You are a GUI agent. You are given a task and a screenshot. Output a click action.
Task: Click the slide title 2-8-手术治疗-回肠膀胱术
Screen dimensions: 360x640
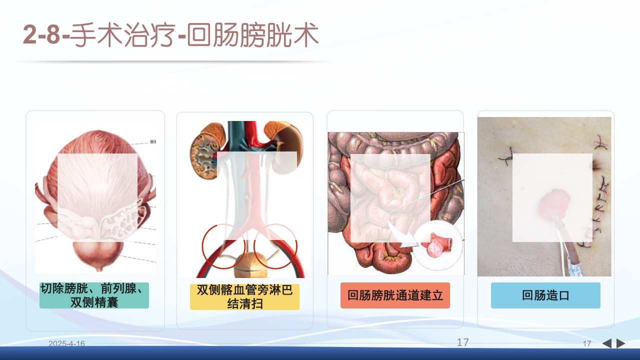(x=170, y=36)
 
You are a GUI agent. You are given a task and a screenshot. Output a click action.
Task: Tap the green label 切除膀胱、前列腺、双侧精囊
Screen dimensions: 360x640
(x=94, y=295)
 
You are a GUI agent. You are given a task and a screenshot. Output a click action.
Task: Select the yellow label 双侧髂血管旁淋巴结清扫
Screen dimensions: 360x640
(x=244, y=297)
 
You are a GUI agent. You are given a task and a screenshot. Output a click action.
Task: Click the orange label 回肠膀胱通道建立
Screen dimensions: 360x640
(x=395, y=295)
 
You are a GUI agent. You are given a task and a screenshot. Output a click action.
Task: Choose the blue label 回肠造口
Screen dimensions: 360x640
(x=545, y=295)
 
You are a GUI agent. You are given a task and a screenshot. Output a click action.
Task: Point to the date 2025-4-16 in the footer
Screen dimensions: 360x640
(x=66, y=343)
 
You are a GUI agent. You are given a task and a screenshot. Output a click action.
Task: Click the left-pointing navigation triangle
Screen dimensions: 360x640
(x=606, y=343)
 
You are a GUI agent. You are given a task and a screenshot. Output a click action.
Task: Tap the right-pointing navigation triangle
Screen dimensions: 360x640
(x=621, y=343)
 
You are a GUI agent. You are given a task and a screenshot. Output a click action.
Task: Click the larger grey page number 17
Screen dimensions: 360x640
(x=462, y=342)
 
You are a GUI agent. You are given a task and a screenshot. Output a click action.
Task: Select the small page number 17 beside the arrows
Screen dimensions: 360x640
(x=587, y=343)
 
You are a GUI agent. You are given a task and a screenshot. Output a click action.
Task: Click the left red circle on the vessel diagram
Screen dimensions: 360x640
(x=223, y=246)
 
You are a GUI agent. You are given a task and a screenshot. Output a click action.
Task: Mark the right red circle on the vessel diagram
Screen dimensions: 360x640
(x=275, y=246)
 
